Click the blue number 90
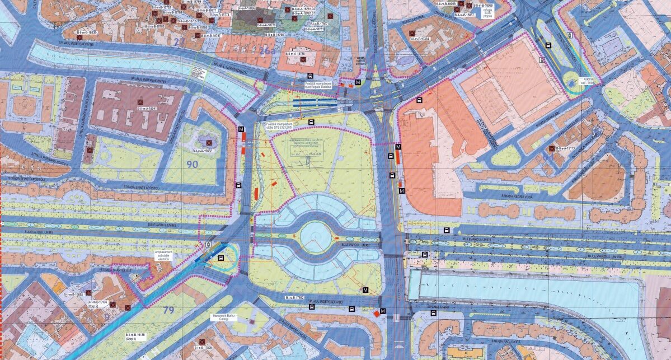point(193,164)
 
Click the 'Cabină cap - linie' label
point(590,80)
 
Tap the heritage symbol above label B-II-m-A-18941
point(138,101)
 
